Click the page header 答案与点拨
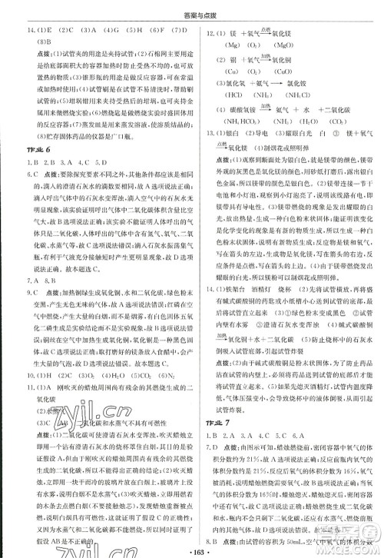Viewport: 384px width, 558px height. (x=192, y=8)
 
